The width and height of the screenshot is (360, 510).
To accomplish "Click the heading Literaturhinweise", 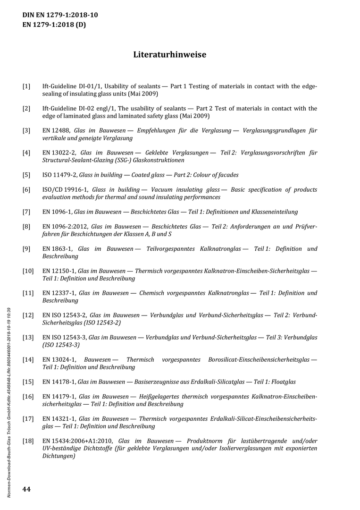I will coord(169,55).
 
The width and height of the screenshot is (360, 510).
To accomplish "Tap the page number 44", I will coord(26,489).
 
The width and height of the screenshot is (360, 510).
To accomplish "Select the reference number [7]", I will coord(26,212).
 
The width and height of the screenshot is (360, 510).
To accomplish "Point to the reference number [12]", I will coord(28,315).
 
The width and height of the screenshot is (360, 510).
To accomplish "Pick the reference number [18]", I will coord(28,441).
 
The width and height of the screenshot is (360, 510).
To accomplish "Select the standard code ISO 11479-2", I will coord(59,175).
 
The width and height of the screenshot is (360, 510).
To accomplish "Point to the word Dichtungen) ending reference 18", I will coord(59,456).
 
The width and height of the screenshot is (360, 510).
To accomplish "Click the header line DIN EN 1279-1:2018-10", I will coord(60,15).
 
